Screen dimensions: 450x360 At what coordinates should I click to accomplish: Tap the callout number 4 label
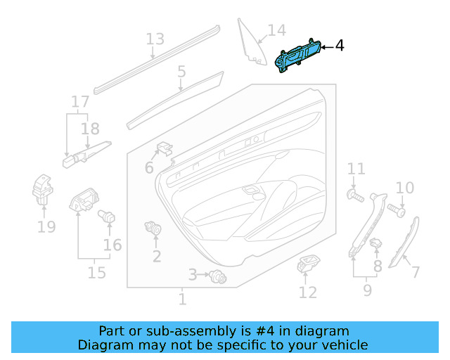[x=340, y=46]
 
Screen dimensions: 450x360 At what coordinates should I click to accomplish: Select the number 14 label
[x=276, y=30]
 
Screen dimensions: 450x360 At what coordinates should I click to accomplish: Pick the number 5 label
[x=181, y=71]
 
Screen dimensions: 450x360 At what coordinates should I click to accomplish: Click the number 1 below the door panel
[x=182, y=300]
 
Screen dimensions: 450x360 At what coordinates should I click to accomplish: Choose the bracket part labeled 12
[x=308, y=266]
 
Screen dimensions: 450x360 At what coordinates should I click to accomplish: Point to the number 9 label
[x=367, y=288]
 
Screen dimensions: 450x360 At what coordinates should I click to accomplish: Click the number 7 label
[x=415, y=271]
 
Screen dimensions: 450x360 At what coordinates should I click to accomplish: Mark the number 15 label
[x=97, y=272]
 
